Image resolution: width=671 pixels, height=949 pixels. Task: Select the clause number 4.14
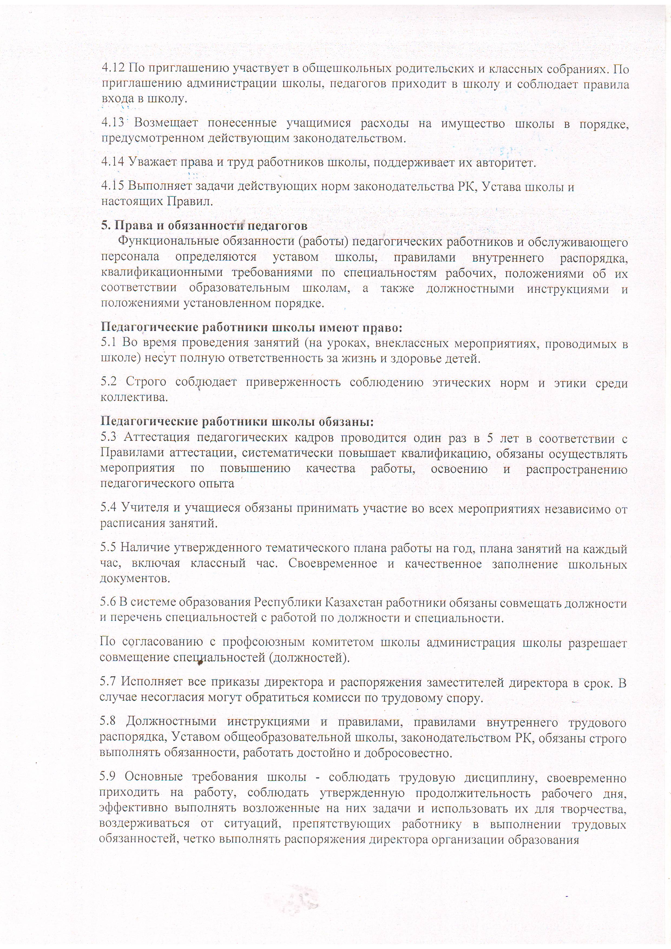point(113,162)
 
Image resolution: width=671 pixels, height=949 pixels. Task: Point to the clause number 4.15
point(113,187)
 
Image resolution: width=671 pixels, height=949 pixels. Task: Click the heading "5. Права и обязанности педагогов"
point(204,226)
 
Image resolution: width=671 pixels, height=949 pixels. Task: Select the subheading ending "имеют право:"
point(251,328)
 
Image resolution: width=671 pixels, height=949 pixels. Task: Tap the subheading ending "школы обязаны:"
point(237,422)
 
